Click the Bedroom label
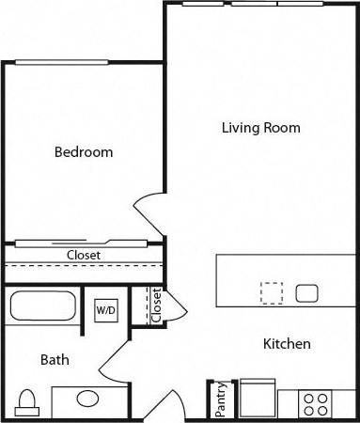point(84,152)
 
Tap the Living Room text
point(261,127)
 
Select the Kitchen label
point(287,344)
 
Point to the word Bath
point(54,359)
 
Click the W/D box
point(103,308)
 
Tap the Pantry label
point(220,399)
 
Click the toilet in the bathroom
point(27,401)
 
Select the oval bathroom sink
point(87,399)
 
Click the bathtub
point(43,306)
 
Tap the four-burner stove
point(315,404)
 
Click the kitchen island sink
point(307,293)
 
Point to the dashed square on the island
point(272,292)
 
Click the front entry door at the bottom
point(173,404)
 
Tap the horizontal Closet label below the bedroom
point(84,255)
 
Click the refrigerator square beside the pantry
point(256,399)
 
